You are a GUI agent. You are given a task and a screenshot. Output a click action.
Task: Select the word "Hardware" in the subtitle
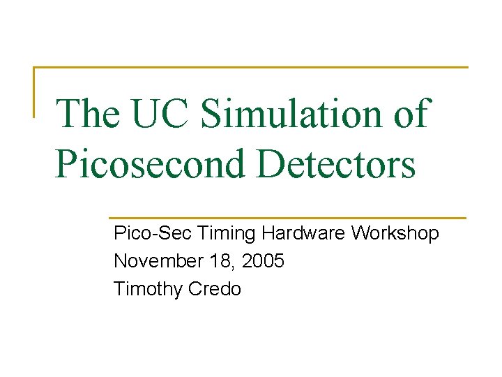coord(304,233)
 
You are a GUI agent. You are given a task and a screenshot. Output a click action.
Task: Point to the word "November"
coord(157,261)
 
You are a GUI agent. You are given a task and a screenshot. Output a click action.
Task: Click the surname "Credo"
coord(213,289)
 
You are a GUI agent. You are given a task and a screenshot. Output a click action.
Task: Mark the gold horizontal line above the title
coord(251,68)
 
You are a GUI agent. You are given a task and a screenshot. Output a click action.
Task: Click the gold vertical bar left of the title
coord(35,91)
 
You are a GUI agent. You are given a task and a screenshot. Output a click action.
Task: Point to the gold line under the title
coord(287,218)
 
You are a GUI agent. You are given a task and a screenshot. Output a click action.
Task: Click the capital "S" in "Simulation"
coord(212,114)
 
